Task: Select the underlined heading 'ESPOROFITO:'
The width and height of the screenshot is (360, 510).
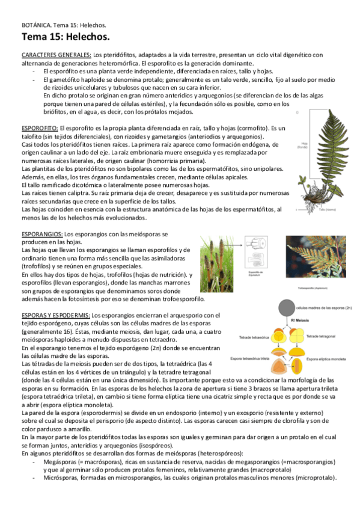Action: pos(40,129)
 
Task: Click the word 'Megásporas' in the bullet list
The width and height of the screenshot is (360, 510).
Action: pos(59,462)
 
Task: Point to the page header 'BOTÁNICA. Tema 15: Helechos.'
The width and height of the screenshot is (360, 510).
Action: pos(63,26)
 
